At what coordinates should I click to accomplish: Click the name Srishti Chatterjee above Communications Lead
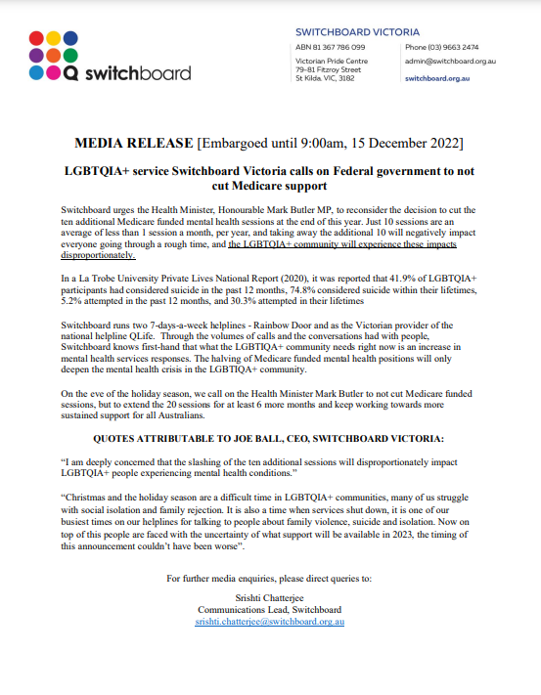[x=270, y=597]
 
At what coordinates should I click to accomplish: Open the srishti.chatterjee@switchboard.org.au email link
[x=270, y=621]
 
